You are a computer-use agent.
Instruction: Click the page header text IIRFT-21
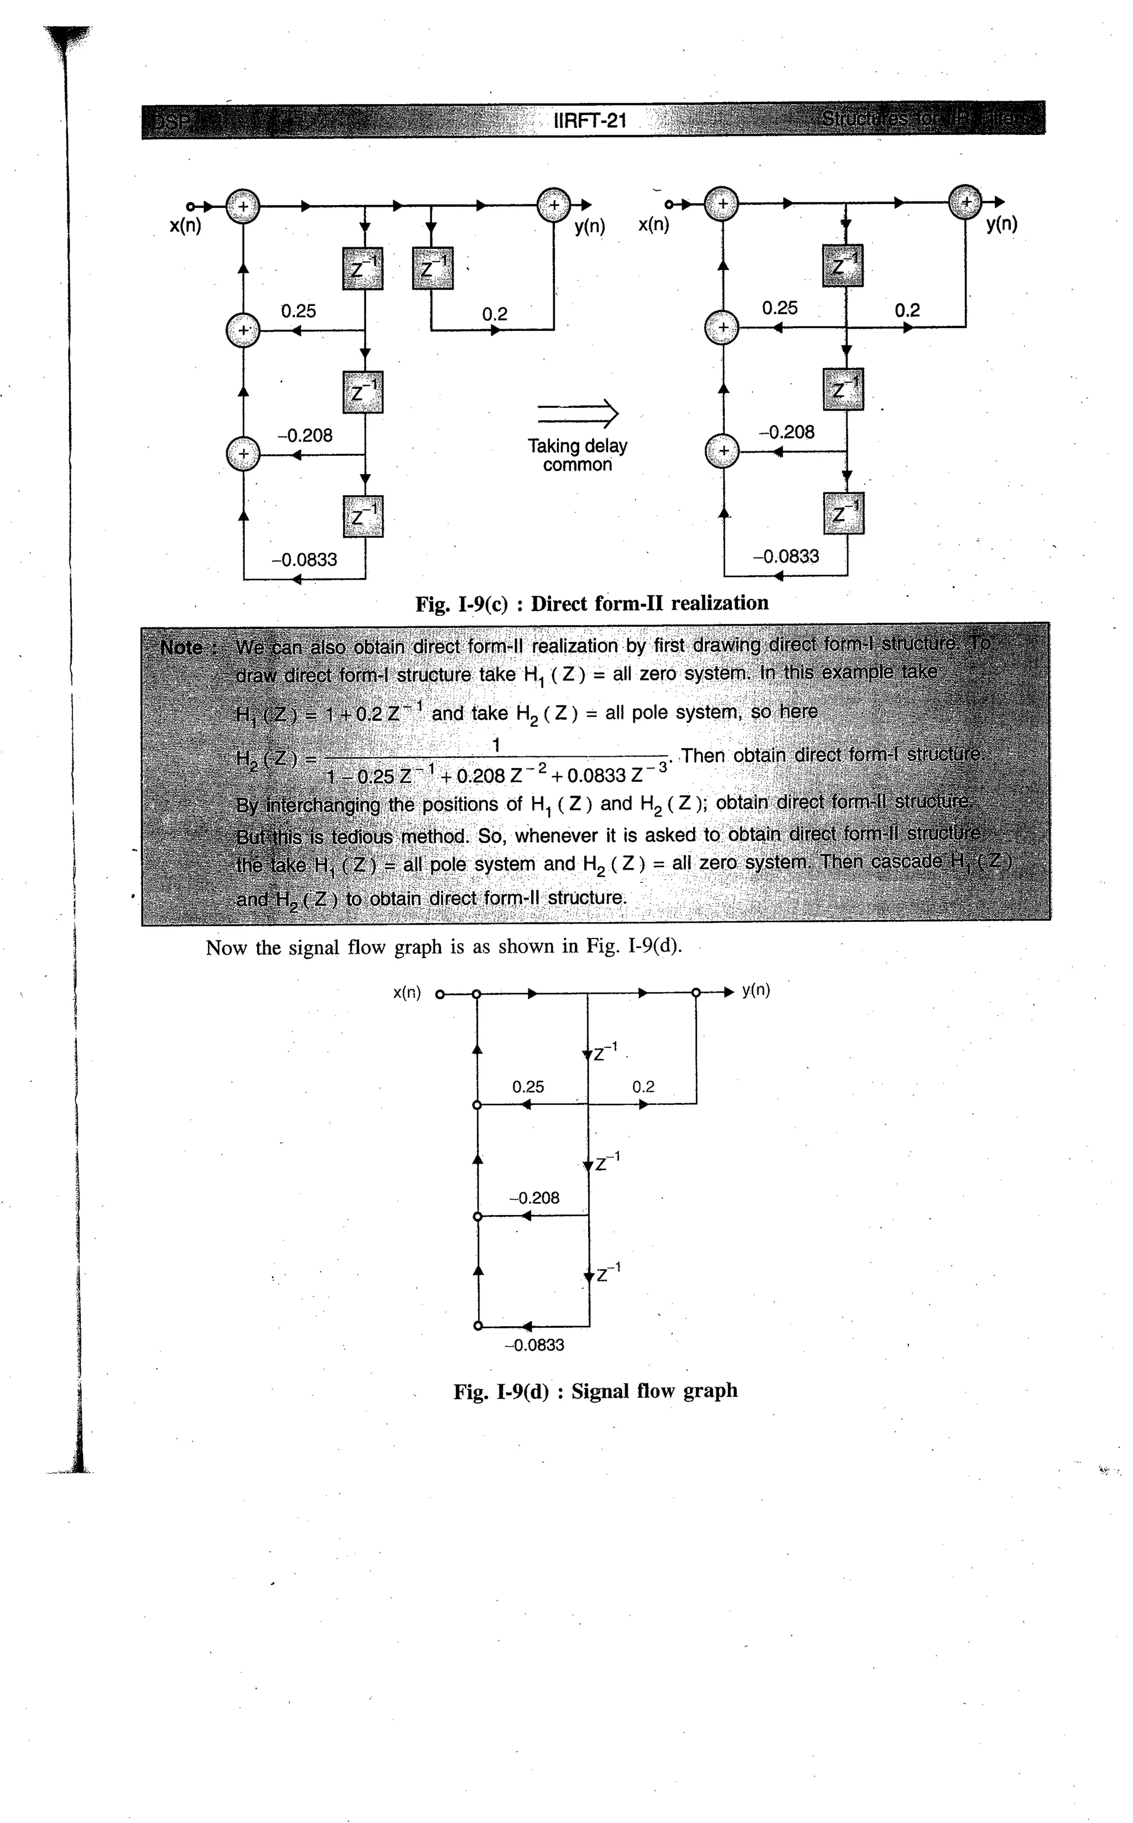(x=589, y=120)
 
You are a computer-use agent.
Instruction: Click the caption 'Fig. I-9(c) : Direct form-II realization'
(x=592, y=603)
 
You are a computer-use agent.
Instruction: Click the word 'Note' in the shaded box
(x=181, y=647)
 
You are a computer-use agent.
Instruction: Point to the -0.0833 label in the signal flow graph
(x=534, y=1345)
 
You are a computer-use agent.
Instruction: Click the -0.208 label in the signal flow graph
(x=534, y=1198)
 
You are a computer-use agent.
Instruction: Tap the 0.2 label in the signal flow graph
(x=643, y=1087)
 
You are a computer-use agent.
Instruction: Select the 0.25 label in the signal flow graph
(x=528, y=1087)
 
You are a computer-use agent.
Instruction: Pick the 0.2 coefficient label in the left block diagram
(x=495, y=314)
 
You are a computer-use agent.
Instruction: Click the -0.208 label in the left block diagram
(x=305, y=435)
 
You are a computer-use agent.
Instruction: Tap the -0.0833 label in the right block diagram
(x=786, y=556)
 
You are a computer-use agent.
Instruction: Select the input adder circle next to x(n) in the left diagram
(x=243, y=206)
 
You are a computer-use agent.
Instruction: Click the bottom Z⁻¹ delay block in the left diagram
(x=363, y=516)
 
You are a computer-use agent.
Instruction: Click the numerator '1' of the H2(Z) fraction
(x=495, y=745)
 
